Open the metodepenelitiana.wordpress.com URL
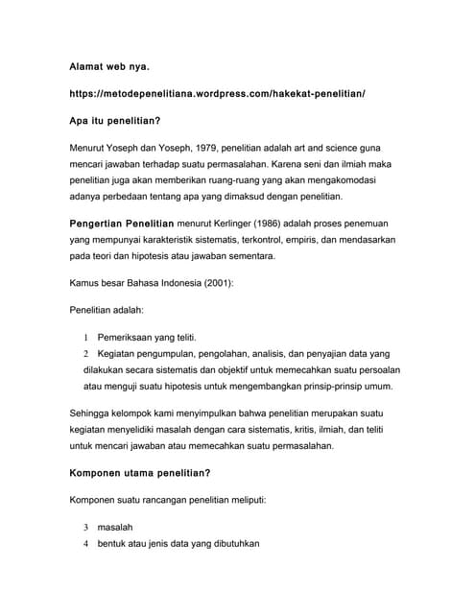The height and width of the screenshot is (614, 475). click(x=218, y=95)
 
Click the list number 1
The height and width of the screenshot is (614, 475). click(x=85, y=338)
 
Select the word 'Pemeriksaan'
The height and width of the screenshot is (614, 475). click(x=130, y=338)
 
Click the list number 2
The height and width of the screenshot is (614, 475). click(x=85, y=354)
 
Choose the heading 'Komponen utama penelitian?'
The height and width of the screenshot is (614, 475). click(x=140, y=473)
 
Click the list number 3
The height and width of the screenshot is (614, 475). click(x=85, y=528)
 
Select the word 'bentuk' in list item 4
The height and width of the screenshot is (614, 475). click(x=115, y=544)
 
